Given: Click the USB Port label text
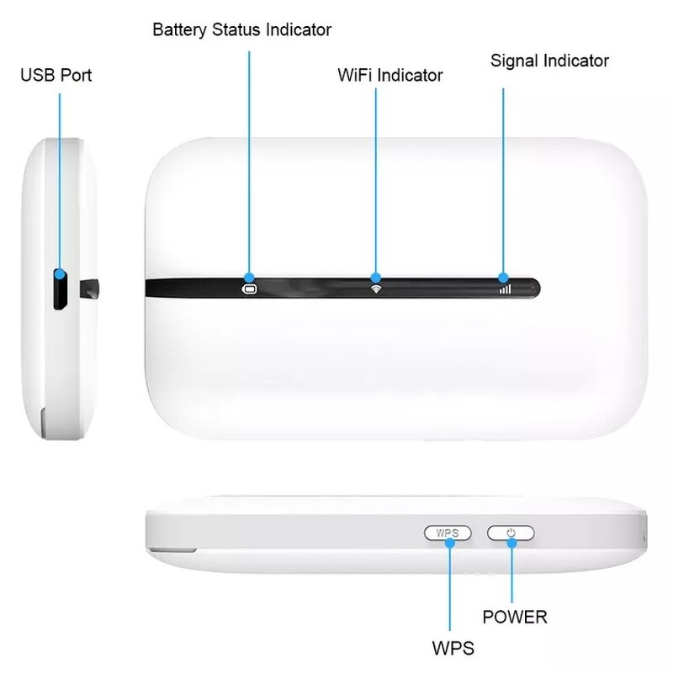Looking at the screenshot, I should [x=56, y=76].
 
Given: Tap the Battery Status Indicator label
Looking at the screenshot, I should [x=241, y=30].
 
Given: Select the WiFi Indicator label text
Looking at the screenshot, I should [x=389, y=75].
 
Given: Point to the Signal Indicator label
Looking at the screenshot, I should [x=549, y=61].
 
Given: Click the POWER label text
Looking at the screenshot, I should [x=514, y=617].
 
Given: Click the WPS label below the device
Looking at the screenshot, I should [x=453, y=649].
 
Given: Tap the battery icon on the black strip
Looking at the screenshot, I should [x=249, y=289].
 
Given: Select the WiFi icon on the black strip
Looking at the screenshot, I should [x=375, y=289].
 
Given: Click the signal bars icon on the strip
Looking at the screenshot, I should [x=504, y=289].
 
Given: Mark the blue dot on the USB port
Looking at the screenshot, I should [x=60, y=273].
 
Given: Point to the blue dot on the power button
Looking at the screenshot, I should [x=511, y=542].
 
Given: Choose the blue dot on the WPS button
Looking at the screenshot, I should [x=450, y=542].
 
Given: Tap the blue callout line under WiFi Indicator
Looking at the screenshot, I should [x=375, y=177].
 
